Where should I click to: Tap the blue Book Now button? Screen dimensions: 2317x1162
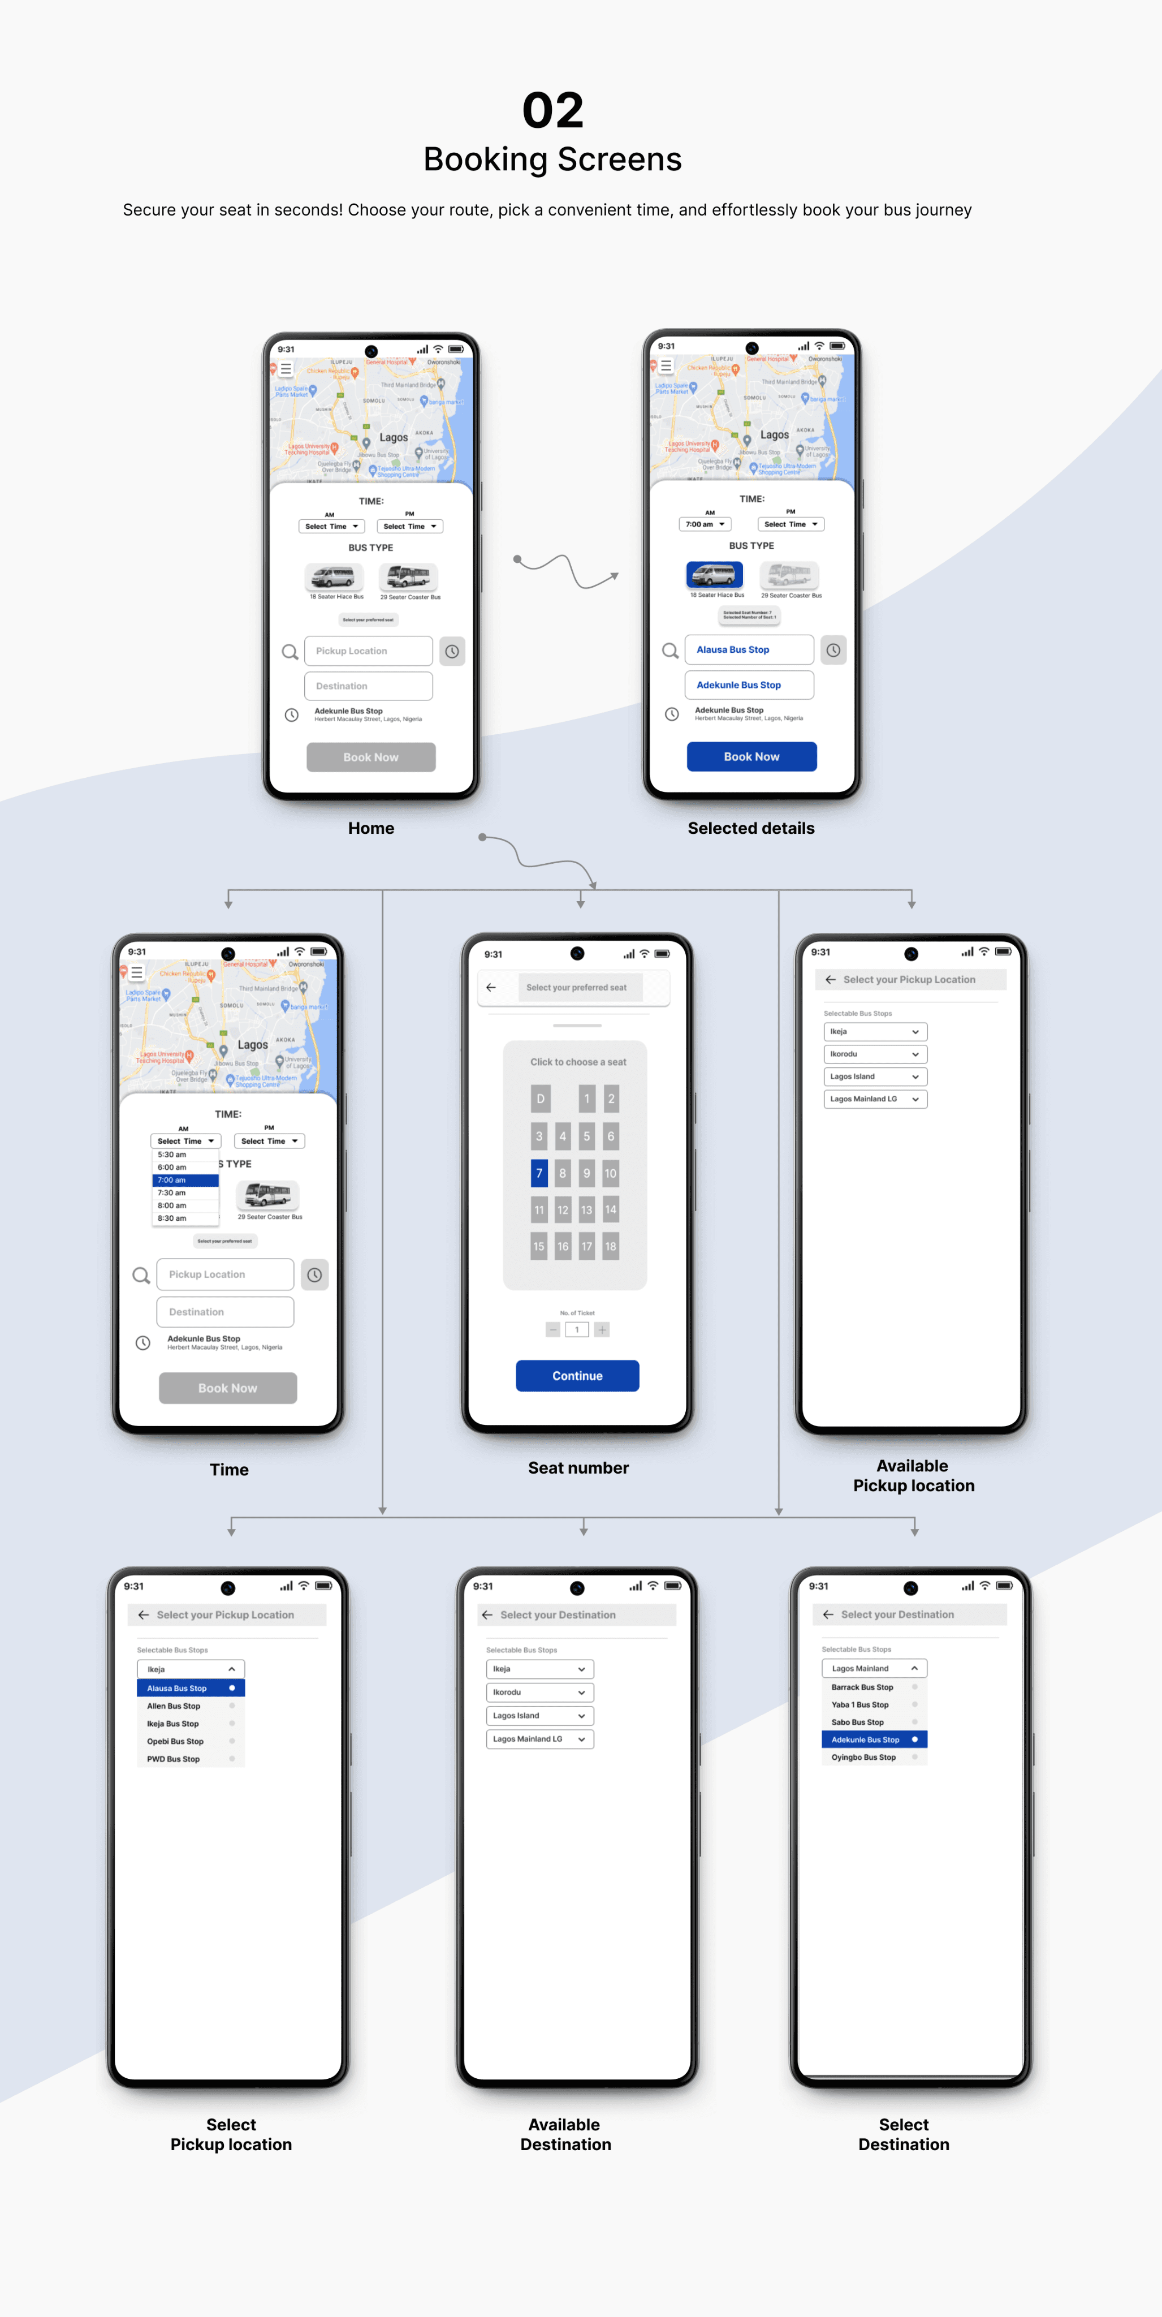(751, 756)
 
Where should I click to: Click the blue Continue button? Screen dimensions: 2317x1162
(577, 1375)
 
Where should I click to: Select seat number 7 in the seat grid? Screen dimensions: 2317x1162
(539, 1173)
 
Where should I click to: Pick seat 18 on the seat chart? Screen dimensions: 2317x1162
(611, 1246)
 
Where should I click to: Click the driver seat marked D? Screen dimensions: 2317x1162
(539, 1098)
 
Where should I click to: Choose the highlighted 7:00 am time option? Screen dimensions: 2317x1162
(185, 1180)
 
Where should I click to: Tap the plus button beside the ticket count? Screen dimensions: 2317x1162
(602, 1329)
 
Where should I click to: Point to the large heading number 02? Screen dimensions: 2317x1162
(552, 111)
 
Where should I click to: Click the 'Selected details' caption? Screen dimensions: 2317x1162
(751, 828)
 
